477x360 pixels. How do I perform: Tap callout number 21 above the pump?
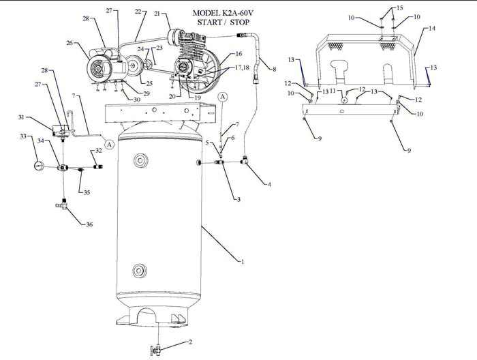tap(158, 14)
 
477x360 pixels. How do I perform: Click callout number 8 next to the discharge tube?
tap(275, 70)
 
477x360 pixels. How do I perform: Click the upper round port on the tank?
tap(142, 161)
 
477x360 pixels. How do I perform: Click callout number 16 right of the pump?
tap(238, 53)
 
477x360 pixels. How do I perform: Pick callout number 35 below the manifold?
tap(87, 192)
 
